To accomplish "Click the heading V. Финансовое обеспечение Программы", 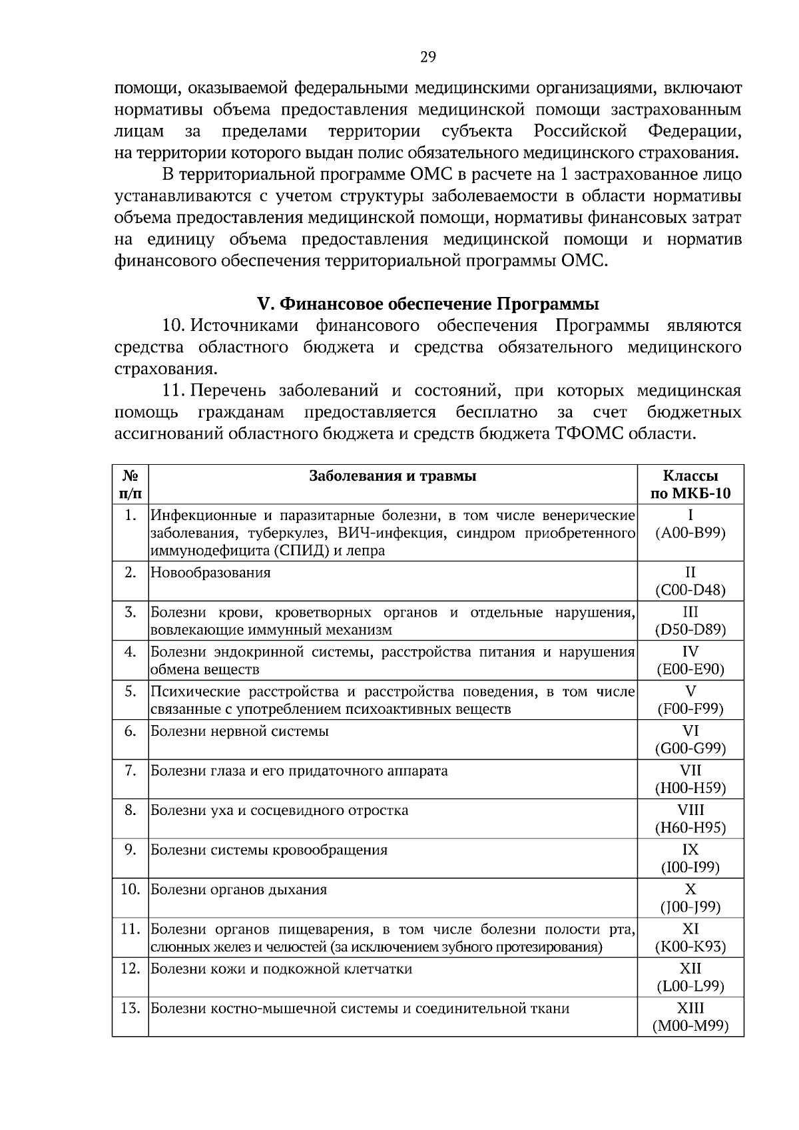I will tap(427, 304).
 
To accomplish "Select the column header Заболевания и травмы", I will tap(393, 476).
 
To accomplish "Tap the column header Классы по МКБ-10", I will tap(690, 485).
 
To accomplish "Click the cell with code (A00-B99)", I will tap(690, 533).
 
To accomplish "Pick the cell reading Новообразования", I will tap(211, 573).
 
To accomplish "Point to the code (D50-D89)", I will tap(690, 629).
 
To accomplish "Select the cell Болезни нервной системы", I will tap(240, 731).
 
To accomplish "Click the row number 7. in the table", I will tap(131, 770).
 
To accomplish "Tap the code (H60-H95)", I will tap(690, 828).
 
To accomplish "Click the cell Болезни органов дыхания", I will tap(239, 890).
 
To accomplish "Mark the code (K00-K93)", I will tap(690, 946).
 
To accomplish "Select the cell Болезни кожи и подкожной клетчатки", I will tap(282, 969).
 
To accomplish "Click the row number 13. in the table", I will tap(131, 1008).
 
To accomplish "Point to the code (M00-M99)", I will tap(690, 1026).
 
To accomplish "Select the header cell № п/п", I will tap(131, 485).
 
